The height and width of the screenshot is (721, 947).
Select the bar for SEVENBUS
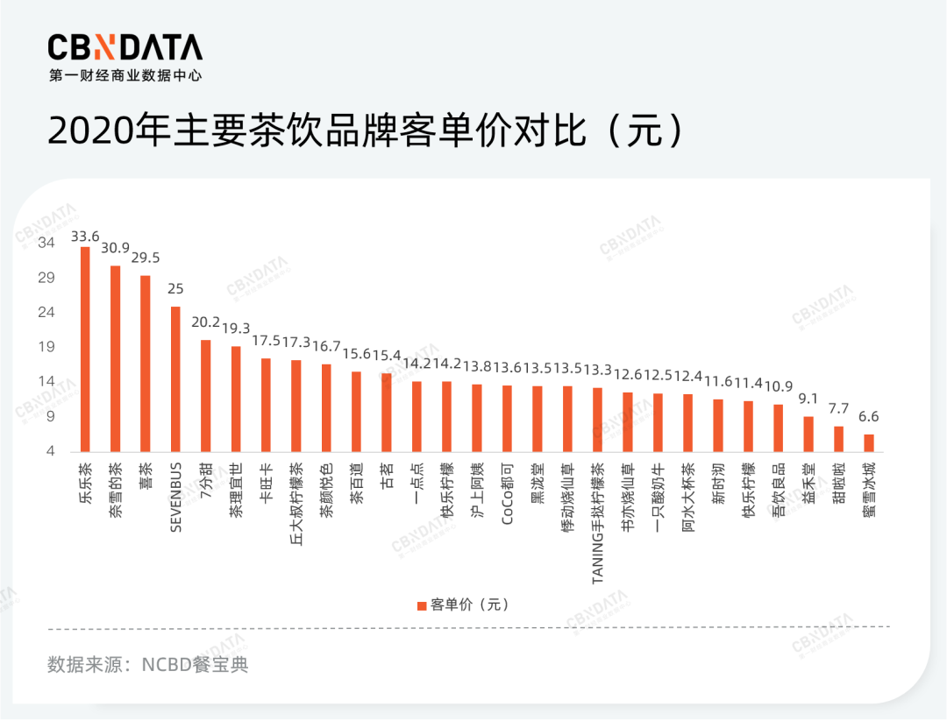click(x=175, y=378)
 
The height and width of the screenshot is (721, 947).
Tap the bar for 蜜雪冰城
click(x=868, y=442)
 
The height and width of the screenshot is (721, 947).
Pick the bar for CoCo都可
click(x=507, y=418)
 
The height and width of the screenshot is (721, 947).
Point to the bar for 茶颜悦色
click(x=326, y=407)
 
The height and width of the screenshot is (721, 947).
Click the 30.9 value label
click(x=115, y=248)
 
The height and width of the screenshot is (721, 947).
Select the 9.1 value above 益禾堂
click(x=808, y=399)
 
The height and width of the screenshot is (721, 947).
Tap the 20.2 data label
click(x=206, y=322)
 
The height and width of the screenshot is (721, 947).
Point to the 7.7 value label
click(x=838, y=408)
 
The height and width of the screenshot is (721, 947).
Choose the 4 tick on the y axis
click(x=50, y=451)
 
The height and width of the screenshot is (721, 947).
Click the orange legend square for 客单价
click(x=421, y=605)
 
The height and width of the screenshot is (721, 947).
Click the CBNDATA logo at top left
click(x=125, y=49)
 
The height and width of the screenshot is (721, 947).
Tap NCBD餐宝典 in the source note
click(x=195, y=665)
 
